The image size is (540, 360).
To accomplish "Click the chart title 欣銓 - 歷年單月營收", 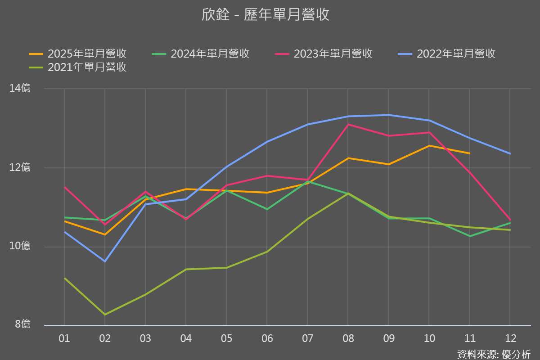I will click(x=265, y=15).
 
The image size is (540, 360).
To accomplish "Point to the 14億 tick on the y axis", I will click(x=20, y=89).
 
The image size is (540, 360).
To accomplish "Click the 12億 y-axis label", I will click(x=20, y=168).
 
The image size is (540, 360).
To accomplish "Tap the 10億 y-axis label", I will click(x=20, y=246).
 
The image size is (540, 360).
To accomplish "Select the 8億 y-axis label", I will click(x=22, y=324).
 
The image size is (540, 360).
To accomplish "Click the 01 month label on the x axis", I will click(x=64, y=338).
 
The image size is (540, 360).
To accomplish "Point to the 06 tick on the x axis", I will click(x=267, y=338).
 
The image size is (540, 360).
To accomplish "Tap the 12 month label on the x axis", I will click(x=510, y=338).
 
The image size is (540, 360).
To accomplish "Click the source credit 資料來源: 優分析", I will click(x=494, y=354).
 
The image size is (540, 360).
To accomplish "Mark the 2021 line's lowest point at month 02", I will click(x=105, y=315).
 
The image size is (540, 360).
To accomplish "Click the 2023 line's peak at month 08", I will click(x=348, y=124).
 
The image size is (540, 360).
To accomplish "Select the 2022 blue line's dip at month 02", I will click(x=105, y=261).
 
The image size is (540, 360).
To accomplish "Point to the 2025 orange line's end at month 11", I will click(x=469, y=153).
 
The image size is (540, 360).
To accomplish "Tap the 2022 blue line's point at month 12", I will click(x=510, y=153).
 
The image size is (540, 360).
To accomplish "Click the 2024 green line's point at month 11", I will click(x=469, y=236).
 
